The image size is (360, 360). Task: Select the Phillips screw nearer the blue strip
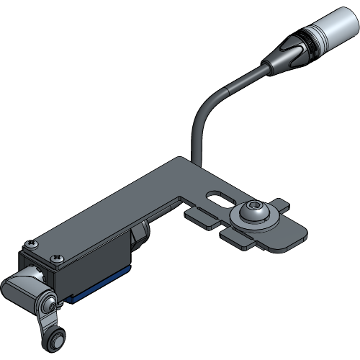pyautogui.click(x=55, y=256)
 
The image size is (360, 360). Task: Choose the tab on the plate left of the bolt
pyautogui.click(x=202, y=217)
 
